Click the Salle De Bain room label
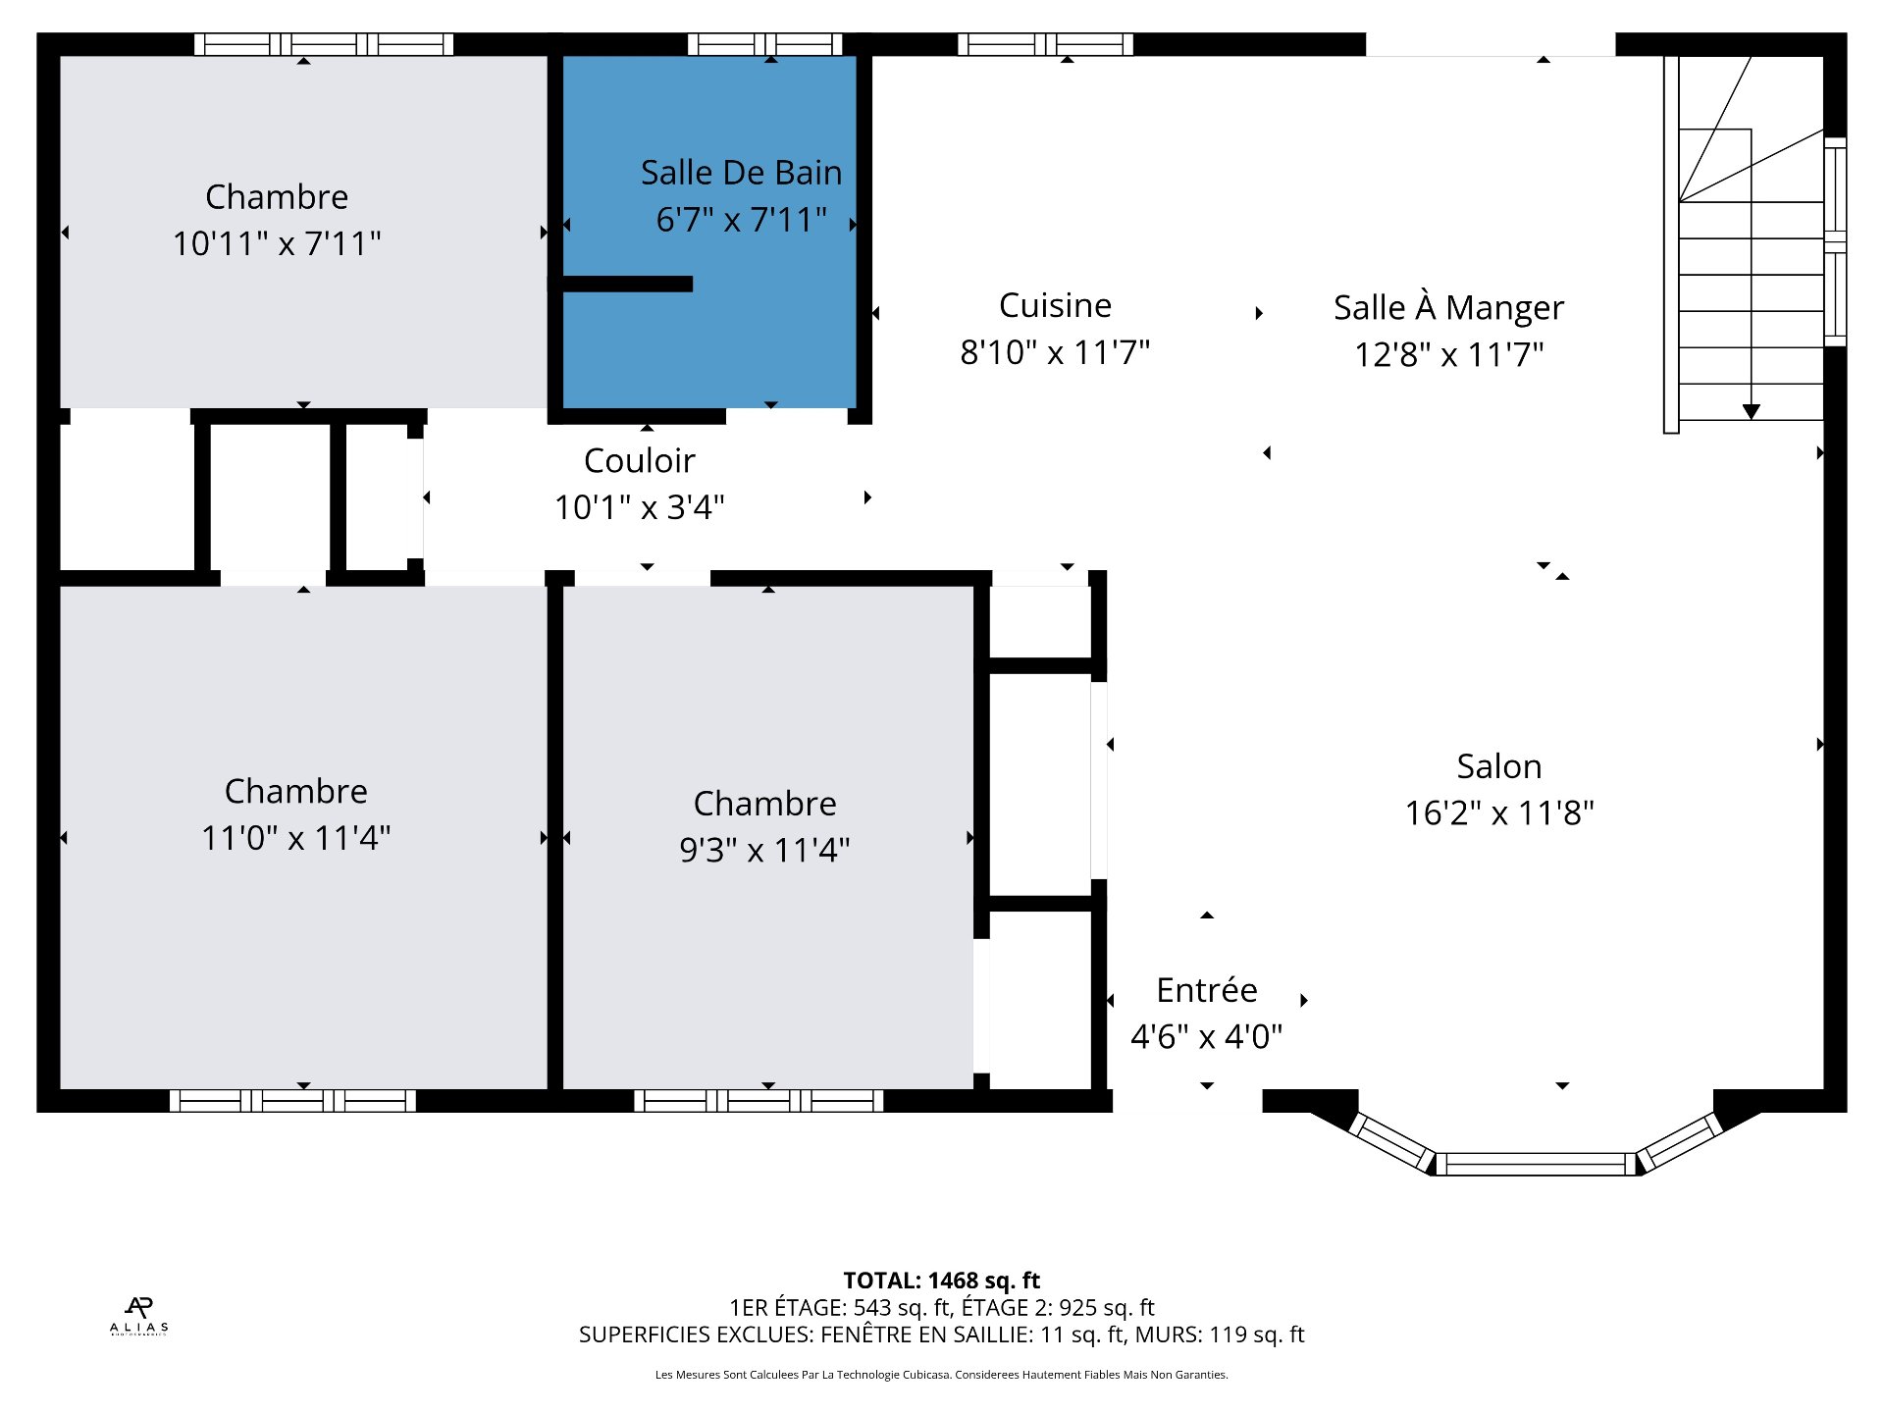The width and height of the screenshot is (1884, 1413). [741, 173]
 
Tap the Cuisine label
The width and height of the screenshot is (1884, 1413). [1055, 305]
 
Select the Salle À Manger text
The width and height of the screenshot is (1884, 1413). [1448, 308]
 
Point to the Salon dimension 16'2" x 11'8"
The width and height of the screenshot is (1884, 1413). [1499, 813]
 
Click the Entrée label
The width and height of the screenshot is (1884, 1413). [1206, 990]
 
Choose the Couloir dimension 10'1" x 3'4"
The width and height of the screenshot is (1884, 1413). [640, 507]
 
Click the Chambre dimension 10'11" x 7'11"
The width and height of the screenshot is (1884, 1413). [277, 243]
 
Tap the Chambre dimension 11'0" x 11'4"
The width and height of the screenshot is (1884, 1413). [295, 838]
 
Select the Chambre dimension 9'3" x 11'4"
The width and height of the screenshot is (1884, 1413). [764, 850]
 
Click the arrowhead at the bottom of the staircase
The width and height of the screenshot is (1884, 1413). [1752, 412]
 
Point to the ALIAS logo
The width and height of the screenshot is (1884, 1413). [138, 1316]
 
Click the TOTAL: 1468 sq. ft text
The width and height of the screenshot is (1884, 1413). [941, 1281]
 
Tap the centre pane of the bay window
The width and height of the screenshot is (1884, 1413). [1536, 1165]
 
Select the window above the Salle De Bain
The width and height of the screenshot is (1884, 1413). [764, 44]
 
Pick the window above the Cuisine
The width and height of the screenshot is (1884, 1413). [1045, 44]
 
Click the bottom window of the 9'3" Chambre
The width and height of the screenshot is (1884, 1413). [759, 1101]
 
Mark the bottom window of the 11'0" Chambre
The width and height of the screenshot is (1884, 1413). [292, 1101]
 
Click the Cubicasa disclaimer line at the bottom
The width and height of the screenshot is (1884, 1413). [941, 1375]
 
